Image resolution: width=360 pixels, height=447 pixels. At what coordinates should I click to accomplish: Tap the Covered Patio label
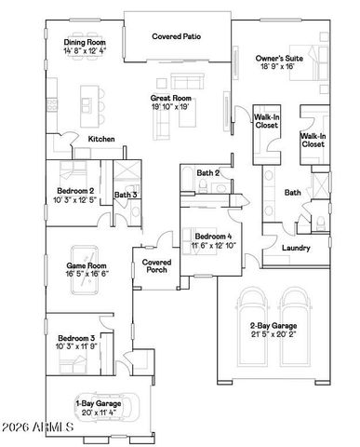[177, 36]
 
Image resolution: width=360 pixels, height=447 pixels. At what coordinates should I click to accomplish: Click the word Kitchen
[101, 139]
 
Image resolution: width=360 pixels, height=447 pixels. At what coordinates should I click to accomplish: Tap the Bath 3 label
[127, 195]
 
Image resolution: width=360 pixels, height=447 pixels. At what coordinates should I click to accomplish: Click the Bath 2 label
[208, 174]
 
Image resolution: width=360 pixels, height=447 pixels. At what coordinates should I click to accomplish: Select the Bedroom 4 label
[216, 237]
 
